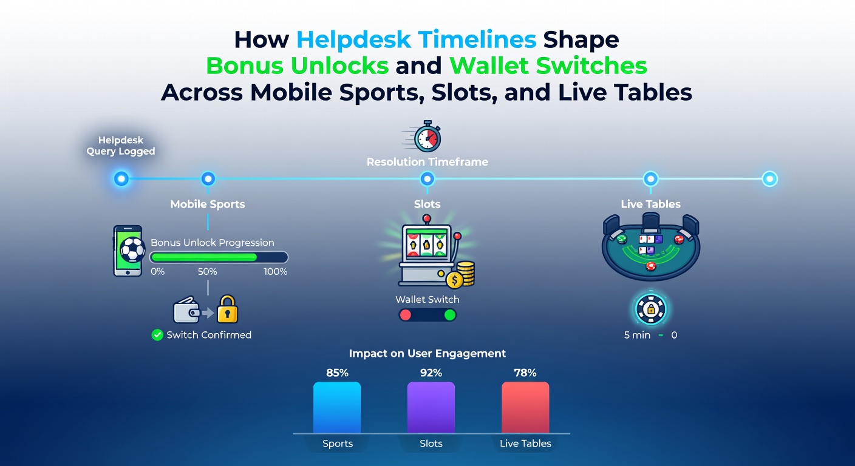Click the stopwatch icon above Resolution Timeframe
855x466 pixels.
point(427,137)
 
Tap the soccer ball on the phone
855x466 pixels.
point(132,250)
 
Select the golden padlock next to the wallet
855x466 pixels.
point(227,309)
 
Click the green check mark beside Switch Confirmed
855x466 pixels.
point(157,335)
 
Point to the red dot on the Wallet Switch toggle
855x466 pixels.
point(406,315)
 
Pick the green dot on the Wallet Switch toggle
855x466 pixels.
point(450,315)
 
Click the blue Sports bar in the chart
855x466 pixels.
point(337,407)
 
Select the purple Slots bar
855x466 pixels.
point(431,407)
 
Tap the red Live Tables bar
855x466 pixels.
point(525,407)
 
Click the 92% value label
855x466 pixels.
point(431,373)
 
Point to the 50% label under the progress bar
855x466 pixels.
point(207,271)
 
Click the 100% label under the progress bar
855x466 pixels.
point(275,271)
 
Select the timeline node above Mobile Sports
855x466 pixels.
point(208,178)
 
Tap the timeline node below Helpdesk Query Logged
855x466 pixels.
point(121,178)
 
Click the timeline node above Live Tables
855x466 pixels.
point(651,178)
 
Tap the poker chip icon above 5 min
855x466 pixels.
point(651,309)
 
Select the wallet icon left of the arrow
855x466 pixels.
point(187,309)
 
